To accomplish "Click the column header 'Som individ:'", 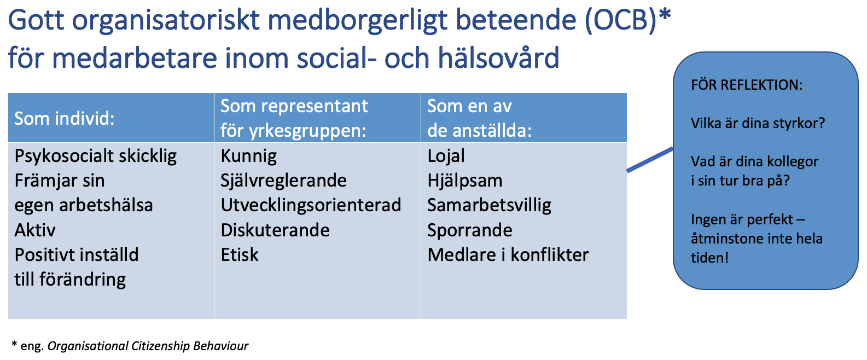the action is pyautogui.click(x=64, y=119).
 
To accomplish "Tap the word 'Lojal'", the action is pyautogui.click(x=446, y=156).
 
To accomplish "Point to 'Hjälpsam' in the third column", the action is pyautogui.click(x=465, y=181).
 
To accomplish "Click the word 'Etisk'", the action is pyautogui.click(x=240, y=255).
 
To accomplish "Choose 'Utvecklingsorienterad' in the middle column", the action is pyautogui.click(x=311, y=205).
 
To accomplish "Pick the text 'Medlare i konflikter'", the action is pyautogui.click(x=508, y=255).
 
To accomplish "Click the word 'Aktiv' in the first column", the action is pyautogui.click(x=35, y=230).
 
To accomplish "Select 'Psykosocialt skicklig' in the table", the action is pyautogui.click(x=96, y=156).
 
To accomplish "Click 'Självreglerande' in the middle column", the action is pyautogui.click(x=284, y=181).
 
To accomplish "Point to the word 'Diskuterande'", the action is pyautogui.click(x=275, y=230).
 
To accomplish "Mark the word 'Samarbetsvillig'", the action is pyautogui.click(x=489, y=206).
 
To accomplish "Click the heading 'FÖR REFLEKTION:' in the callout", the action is pyautogui.click(x=747, y=85).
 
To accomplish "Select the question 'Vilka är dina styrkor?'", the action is pyautogui.click(x=758, y=124).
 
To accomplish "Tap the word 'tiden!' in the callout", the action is pyautogui.click(x=710, y=258).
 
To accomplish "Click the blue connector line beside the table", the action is pyautogui.click(x=650, y=160).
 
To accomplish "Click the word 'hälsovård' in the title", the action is pyautogui.click(x=499, y=57).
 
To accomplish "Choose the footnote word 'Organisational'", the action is pyautogui.click(x=88, y=346).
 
